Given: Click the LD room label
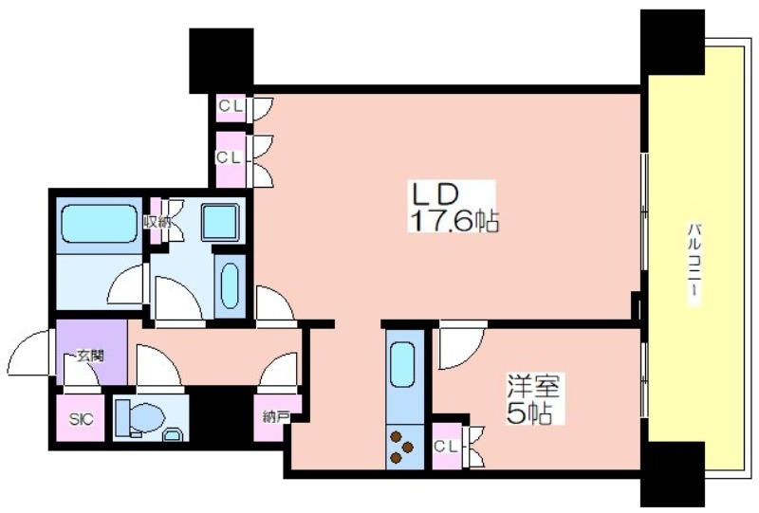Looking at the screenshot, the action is [x=435, y=194].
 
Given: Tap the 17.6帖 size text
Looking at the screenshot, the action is [x=454, y=221].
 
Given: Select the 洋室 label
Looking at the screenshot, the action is [x=533, y=386].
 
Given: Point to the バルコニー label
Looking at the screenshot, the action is [x=694, y=264].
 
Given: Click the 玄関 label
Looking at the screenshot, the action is [x=90, y=357].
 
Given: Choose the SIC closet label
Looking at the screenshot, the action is [x=81, y=419].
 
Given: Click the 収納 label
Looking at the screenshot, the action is [x=157, y=223].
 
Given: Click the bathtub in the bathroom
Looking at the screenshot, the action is [x=100, y=223].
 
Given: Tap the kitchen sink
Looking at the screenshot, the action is [x=401, y=364].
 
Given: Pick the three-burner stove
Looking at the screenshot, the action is [x=401, y=446].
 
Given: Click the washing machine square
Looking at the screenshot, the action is [x=220, y=222].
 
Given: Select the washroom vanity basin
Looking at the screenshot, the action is [x=230, y=286].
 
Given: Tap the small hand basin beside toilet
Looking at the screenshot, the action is [x=173, y=433].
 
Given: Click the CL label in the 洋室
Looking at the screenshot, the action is [x=445, y=447].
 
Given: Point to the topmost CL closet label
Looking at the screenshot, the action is [x=230, y=106].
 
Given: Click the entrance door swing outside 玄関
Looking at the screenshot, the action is [x=28, y=353].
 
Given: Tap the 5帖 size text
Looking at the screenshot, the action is [x=529, y=412].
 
